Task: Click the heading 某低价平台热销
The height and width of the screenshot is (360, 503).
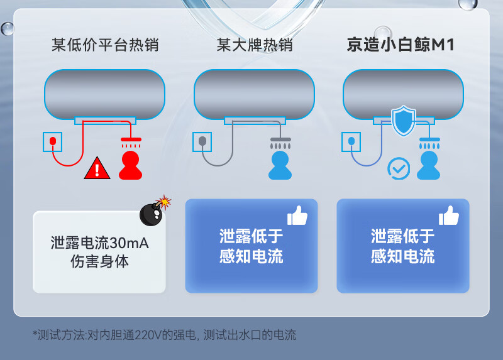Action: (x=104, y=45)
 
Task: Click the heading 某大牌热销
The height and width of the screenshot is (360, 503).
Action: (x=255, y=45)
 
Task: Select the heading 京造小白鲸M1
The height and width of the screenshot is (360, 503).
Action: (x=401, y=45)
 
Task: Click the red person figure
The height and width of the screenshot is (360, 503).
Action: (x=131, y=165)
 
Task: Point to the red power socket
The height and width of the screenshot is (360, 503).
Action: (x=53, y=141)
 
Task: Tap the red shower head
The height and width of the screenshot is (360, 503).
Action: (x=131, y=141)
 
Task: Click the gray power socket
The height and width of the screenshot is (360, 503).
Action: (x=202, y=141)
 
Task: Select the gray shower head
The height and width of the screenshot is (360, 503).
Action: (x=280, y=141)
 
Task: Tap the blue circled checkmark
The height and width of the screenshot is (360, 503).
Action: (x=398, y=168)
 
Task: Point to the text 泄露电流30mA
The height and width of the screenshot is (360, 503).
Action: (x=99, y=243)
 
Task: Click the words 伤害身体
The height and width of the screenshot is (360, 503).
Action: (x=99, y=261)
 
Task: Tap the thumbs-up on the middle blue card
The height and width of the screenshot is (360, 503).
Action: (x=297, y=216)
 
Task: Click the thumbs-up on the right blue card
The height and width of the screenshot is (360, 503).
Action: (x=449, y=216)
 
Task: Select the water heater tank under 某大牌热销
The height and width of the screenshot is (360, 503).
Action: (x=254, y=94)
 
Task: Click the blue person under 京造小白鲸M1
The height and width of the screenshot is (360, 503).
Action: (x=429, y=165)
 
